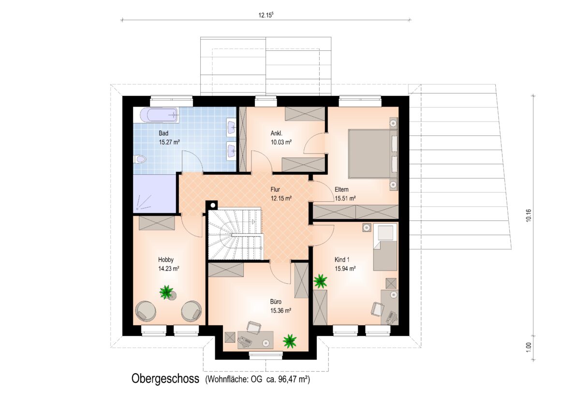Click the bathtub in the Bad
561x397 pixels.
click(158, 115)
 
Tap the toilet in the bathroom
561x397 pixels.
click(140, 159)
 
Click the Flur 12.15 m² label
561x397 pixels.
click(281, 194)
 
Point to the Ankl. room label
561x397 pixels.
click(277, 134)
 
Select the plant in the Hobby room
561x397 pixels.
click(166, 291)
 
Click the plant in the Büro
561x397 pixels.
click(289, 341)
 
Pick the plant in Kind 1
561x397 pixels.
click(320, 281)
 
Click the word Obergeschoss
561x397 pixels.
click(165, 379)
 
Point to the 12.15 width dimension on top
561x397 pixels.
click(266, 15)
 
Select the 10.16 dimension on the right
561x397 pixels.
click(529, 216)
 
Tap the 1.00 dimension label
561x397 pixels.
click(529, 347)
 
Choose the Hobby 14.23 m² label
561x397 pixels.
click(168, 264)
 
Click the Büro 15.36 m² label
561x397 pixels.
click(280, 306)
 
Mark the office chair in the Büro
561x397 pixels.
click(253, 327)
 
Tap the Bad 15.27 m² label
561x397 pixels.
click(169, 137)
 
